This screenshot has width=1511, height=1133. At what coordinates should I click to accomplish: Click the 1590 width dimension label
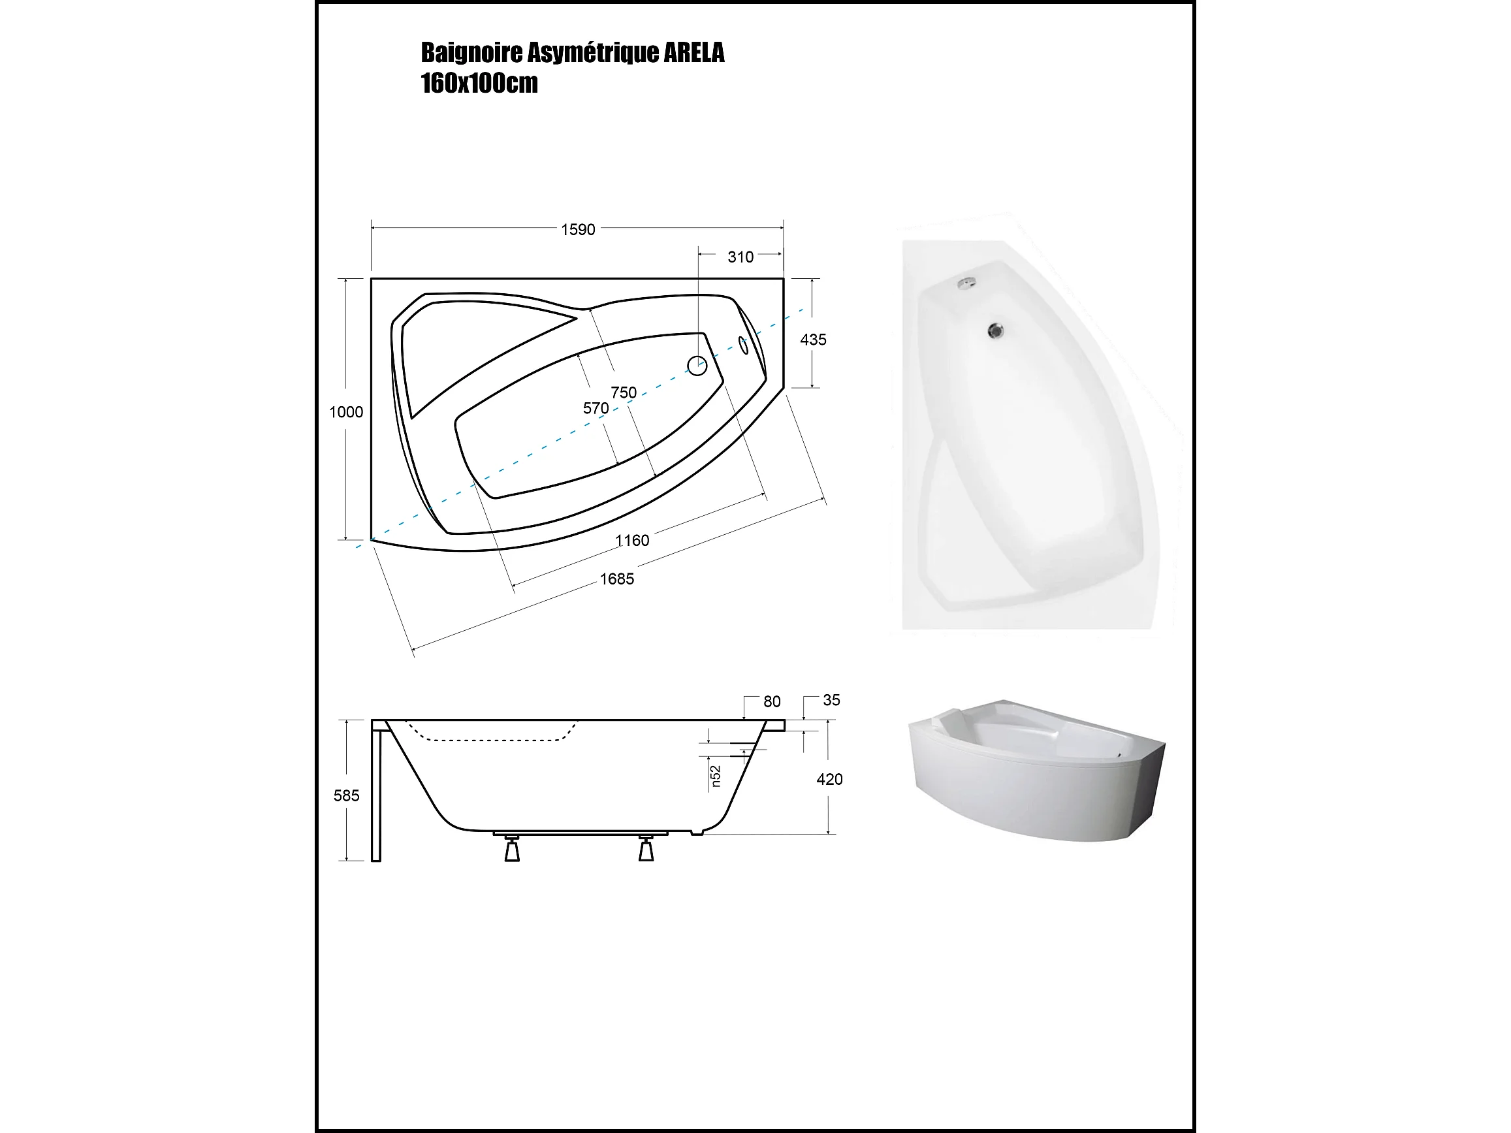pyautogui.click(x=578, y=229)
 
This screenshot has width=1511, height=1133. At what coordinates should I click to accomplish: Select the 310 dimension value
pyautogui.click(x=740, y=257)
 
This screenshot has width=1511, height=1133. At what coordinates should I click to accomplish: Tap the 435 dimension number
pyautogui.click(x=813, y=340)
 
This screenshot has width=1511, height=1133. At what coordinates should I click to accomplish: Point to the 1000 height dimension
pyautogui.click(x=346, y=412)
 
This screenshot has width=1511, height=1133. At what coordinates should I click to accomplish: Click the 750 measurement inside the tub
pyautogui.click(x=624, y=392)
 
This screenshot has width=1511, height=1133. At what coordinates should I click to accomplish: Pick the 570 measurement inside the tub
pyautogui.click(x=596, y=407)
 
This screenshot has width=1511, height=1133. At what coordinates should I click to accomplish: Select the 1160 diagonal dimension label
pyautogui.click(x=632, y=540)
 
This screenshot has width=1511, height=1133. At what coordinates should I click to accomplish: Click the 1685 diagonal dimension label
pyautogui.click(x=617, y=579)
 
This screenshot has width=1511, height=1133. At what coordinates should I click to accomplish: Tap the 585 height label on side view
pyautogui.click(x=346, y=795)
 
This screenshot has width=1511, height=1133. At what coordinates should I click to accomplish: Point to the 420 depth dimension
pyautogui.click(x=829, y=779)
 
